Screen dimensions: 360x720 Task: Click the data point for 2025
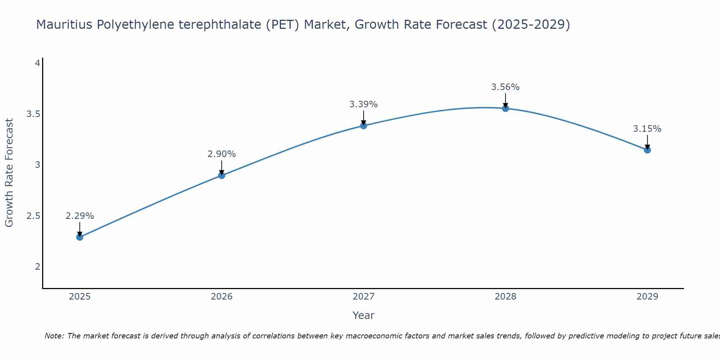tap(80, 237)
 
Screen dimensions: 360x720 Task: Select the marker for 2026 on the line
tap(222, 175)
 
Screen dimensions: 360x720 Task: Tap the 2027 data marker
tap(364, 126)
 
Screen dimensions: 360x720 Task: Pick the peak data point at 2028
tap(505, 108)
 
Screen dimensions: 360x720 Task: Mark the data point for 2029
tap(647, 150)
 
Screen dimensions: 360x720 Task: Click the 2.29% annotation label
tap(80, 216)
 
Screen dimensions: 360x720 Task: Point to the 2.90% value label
tap(222, 154)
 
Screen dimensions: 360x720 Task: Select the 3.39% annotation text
tap(364, 104)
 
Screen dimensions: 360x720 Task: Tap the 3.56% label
tap(505, 87)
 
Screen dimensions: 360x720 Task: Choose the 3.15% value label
tap(647, 129)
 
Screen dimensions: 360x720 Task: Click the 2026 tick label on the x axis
tap(222, 297)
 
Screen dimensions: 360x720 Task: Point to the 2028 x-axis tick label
tap(505, 297)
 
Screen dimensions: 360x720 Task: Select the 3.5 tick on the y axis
tap(33, 114)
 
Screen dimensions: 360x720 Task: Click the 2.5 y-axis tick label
tap(33, 216)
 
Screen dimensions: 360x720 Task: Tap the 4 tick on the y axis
tap(37, 63)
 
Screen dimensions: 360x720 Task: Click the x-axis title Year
tap(364, 315)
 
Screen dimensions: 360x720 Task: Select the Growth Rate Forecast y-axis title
tap(9, 173)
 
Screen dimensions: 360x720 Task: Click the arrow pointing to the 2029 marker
tap(647, 141)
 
